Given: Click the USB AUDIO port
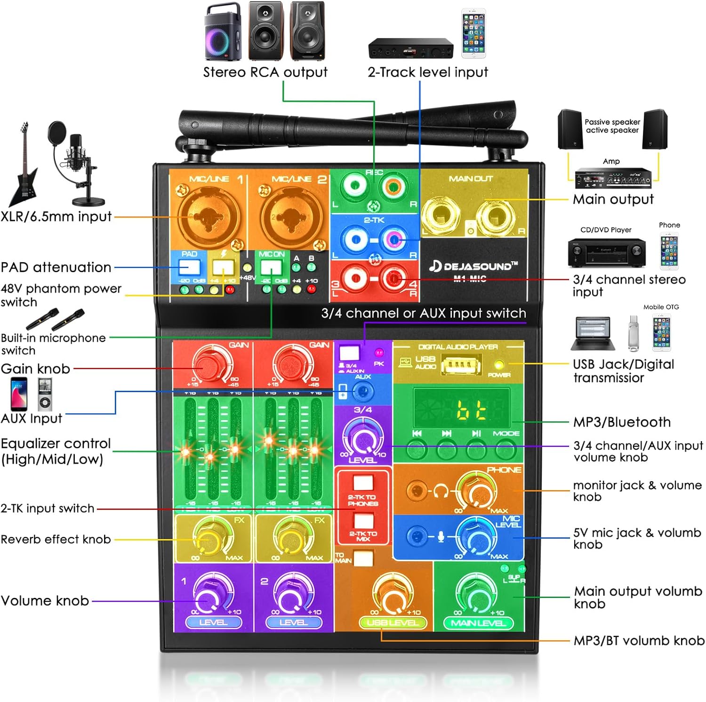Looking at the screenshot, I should pos(461,365).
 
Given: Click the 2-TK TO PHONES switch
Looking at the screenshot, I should pos(362,484).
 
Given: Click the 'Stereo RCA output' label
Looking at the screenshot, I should pos(265,72).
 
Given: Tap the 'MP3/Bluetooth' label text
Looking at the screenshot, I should pos(622,422).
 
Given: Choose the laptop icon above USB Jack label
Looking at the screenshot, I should pos(592,334).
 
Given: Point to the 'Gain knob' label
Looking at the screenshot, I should pos(35,369).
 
